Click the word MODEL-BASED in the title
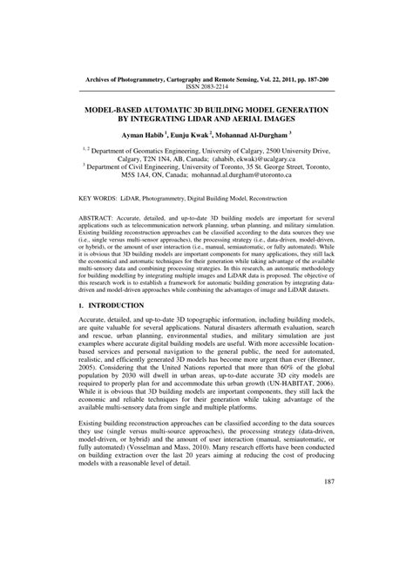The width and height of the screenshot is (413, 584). [120, 112]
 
